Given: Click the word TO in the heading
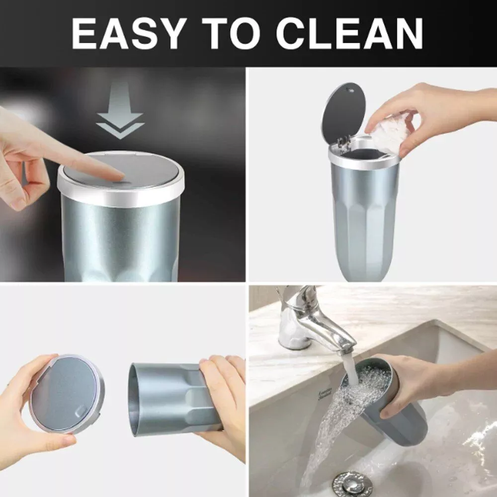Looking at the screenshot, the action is [236, 33].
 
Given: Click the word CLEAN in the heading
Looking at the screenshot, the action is [350, 33].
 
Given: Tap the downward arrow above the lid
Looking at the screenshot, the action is [120, 111].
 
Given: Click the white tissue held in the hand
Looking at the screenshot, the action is [390, 133].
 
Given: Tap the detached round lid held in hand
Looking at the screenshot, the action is [67, 394].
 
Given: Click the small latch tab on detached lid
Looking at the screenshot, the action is [81, 412].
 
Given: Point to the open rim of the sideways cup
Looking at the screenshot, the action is [134, 400].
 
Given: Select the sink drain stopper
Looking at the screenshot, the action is [352, 484].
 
